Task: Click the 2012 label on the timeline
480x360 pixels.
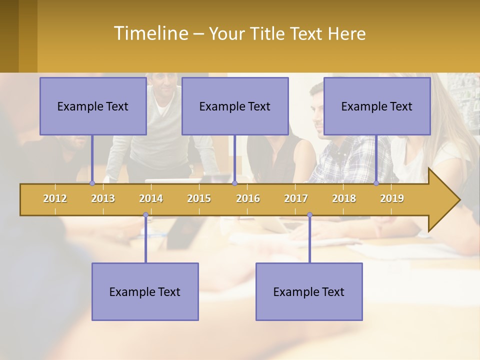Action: click(x=55, y=198)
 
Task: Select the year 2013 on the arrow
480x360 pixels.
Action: click(x=103, y=198)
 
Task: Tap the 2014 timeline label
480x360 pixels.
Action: click(x=151, y=198)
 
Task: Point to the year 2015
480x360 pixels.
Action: click(x=199, y=198)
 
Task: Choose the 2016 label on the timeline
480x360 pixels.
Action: click(x=248, y=198)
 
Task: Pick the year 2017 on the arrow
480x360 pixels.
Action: click(x=296, y=198)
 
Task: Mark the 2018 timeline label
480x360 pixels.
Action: click(x=344, y=198)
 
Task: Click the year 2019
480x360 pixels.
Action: click(x=392, y=198)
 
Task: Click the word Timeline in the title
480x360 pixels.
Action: click(x=150, y=33)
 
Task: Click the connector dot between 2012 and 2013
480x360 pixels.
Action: click(x=92, y=183)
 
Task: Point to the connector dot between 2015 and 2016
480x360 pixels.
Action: click(x=234, y=183)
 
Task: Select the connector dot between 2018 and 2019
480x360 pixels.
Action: click(x=376, y=183)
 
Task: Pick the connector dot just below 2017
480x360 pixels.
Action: click(x=309, y=215)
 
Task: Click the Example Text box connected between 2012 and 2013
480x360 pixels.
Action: click(x=93, y=106)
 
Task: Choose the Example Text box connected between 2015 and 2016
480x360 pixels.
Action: click(x=235, y=106)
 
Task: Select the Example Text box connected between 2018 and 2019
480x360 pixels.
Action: click(x=377, y=106)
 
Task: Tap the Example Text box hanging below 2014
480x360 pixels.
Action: click(x=145, y=292)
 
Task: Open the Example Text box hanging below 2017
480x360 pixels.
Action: click(x=309, y=292)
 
